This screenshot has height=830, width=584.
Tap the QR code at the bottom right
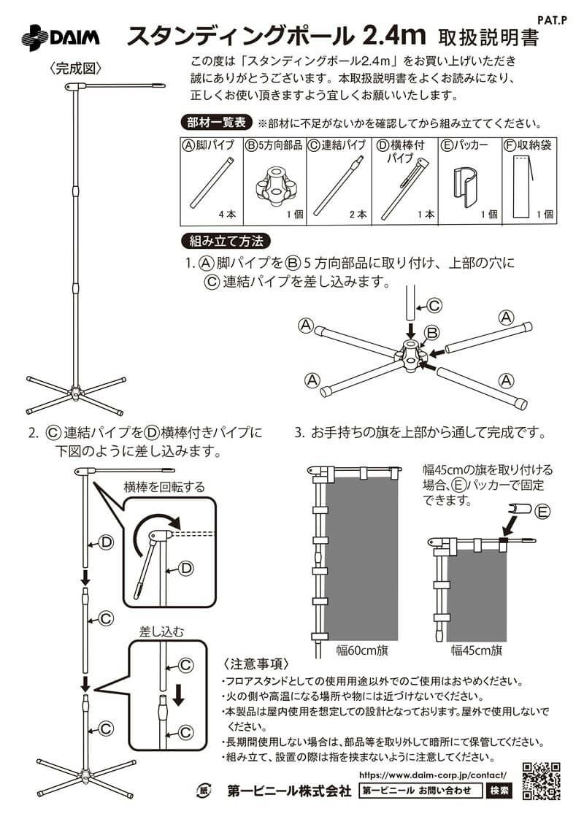point(541,780)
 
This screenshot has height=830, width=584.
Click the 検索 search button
point(500,790)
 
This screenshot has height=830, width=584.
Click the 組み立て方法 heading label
point(226,241)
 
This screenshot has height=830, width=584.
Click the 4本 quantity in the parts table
point(227,215)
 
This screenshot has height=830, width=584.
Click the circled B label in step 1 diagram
point(431,334)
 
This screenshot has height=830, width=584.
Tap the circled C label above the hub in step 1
point(434,305)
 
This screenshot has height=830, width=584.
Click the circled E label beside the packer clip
point(542,512)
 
